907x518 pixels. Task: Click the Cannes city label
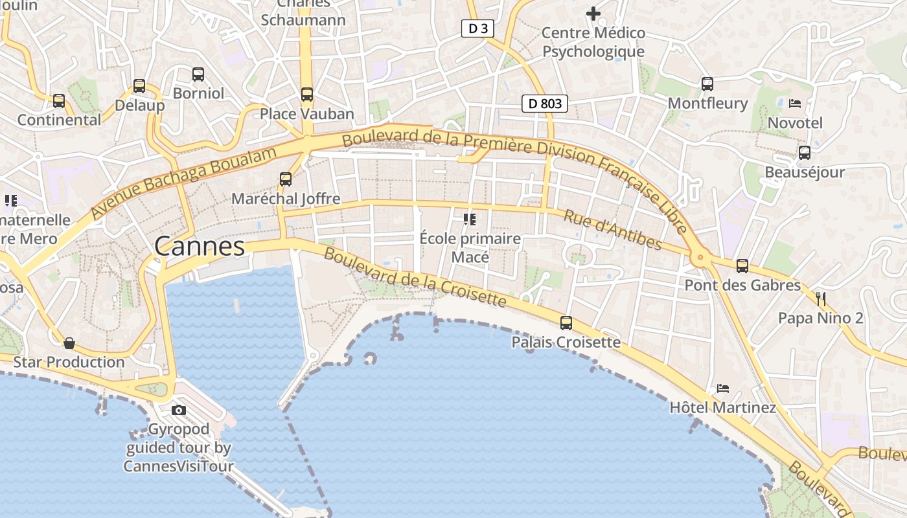pos(200,246)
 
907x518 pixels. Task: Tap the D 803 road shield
pos(545,103)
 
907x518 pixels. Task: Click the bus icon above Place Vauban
pos(307,95)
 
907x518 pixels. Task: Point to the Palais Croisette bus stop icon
pos(566,322)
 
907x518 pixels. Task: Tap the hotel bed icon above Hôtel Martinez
pos(723,388)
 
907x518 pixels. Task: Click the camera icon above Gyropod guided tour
pos(179,410)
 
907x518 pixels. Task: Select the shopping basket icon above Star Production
pos(69,343)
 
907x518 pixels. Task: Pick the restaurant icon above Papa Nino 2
pos(821,298)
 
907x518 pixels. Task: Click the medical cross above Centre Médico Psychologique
pos(593,13)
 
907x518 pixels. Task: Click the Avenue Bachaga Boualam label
pos(184,182)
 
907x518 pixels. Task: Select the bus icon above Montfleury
pos(707,84)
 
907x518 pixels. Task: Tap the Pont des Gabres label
pos(742,285)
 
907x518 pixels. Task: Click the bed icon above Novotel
pos(795,103)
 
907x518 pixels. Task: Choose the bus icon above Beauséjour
pos(805,153)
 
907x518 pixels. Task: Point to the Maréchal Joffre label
pos(286,199)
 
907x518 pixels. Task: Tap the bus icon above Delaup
pos(139,85)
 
